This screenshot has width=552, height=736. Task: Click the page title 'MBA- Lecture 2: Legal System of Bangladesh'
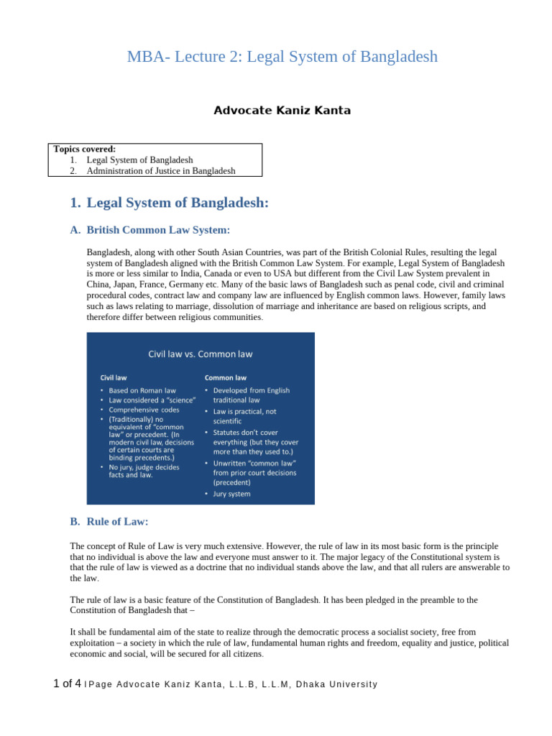coord(282,57)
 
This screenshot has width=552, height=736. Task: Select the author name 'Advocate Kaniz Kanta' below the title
coord(282,111)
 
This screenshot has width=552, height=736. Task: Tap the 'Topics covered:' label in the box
coord(85,149)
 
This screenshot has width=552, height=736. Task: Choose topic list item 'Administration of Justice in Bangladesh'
coord(161,171)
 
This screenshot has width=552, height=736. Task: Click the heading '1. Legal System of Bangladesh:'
coord(170,203)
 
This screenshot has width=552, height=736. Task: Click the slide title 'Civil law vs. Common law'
coord(201,354)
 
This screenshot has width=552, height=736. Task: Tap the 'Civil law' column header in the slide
coord(114,377)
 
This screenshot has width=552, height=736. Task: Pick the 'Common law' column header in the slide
coord(226,377)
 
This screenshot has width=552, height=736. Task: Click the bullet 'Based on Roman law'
coord(142,391)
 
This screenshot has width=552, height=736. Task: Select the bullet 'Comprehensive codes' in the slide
coord(144,410)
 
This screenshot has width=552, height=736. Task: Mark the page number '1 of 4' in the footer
coord(67,684)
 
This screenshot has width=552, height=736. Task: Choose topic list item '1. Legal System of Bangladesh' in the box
coord(139,160)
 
